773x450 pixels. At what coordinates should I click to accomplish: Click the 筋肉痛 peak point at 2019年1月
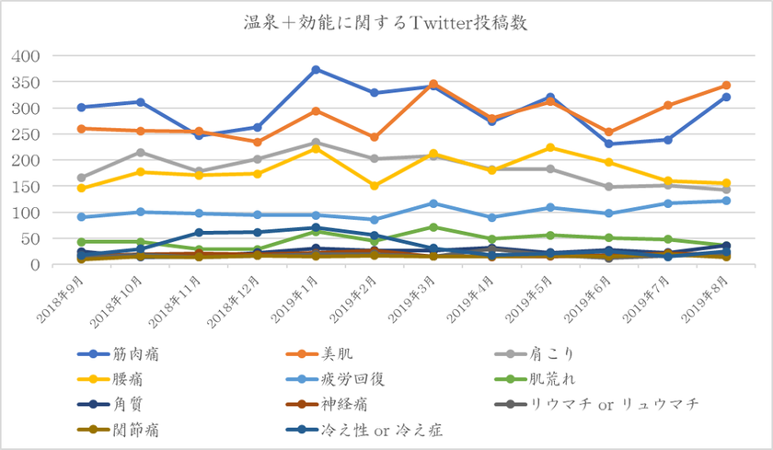coord(316,70)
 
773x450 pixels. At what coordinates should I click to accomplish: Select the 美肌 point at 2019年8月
coord(726,86)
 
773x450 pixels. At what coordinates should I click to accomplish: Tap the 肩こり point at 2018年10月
coord(140,153)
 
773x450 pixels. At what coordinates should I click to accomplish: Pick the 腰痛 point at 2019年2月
coord(375,186)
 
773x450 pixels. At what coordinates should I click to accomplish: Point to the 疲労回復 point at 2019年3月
coord(433,203)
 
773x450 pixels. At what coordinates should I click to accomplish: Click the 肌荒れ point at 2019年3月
coord(433,227)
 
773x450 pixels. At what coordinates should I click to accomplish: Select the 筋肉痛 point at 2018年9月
coord(82,108)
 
